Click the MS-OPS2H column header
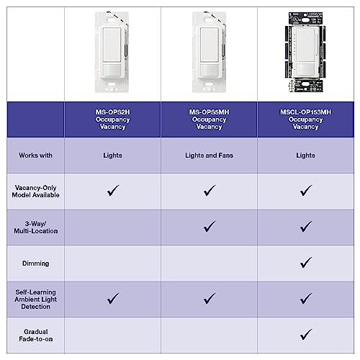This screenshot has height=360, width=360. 112,119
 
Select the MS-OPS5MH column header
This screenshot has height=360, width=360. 210,119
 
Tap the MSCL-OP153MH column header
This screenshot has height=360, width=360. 306,119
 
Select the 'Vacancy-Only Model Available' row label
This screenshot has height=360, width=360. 32,191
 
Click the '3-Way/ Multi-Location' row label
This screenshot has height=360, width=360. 32,227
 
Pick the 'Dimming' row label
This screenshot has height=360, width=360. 32,263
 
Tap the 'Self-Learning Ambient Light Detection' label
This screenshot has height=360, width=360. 32,298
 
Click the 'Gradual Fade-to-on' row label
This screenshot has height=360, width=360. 32,334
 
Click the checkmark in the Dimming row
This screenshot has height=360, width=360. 306,262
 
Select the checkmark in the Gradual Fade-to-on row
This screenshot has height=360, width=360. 306,333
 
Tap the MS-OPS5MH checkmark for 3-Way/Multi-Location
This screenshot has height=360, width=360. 210,226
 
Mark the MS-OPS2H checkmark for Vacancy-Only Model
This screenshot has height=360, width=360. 113,190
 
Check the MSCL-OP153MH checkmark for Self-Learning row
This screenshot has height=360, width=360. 306,297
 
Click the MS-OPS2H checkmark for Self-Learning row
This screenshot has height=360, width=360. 113,297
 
